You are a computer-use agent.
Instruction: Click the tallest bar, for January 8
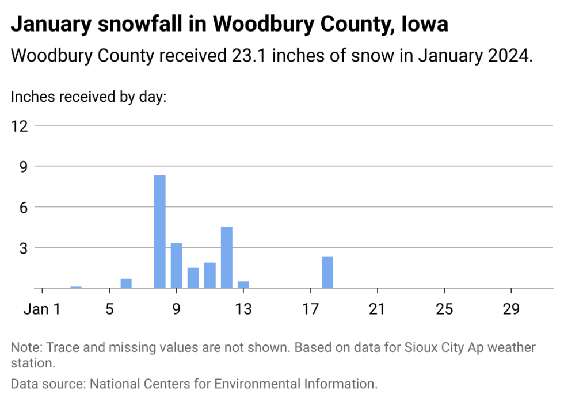coord(160,232)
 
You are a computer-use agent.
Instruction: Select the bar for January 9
coord(177,266)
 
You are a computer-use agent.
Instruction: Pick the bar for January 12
coord(227,258)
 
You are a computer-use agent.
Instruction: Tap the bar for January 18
coord(327,272)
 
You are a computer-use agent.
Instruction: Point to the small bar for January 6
coord(126,284)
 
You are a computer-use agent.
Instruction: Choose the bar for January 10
coord(193,278)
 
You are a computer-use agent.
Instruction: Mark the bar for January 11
coord(210,275)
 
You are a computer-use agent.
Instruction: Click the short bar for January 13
coord(243,285)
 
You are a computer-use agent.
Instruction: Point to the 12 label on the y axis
coord(20,126)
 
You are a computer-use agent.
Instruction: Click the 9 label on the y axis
coord(24,167)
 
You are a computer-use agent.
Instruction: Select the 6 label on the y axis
coord(24,208)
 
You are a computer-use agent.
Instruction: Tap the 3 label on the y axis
coord(24,248)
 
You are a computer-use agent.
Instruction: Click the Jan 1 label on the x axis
coord(42,309)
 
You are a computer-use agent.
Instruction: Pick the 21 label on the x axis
coord(377,309)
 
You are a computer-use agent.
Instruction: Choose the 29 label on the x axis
coord(511,309)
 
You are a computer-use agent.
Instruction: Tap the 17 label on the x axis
coord(310,309)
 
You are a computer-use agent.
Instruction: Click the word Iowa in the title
coord(425,24)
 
